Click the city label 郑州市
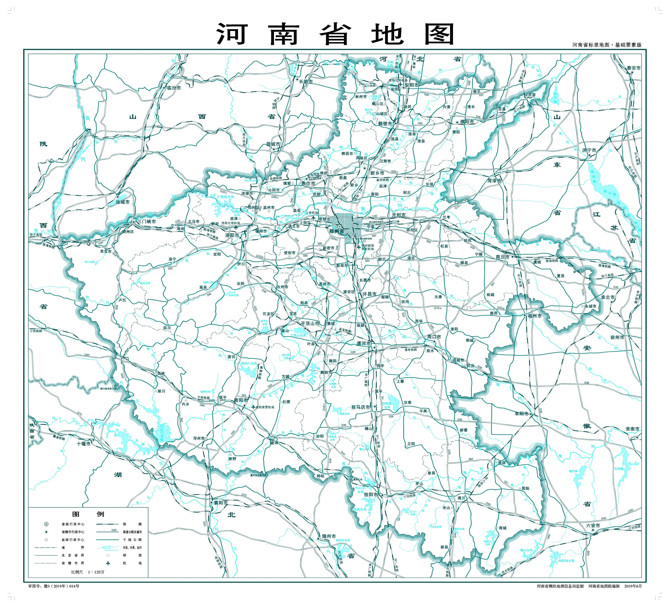[336, 232]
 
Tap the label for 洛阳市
[232, 235]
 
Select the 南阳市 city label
[241, 400]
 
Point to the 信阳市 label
[371, 494]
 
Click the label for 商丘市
[502, 257]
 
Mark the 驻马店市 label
[361, 407]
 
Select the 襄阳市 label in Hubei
[221, 503]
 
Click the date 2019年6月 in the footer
[633, 586]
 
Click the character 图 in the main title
[439, 34]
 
